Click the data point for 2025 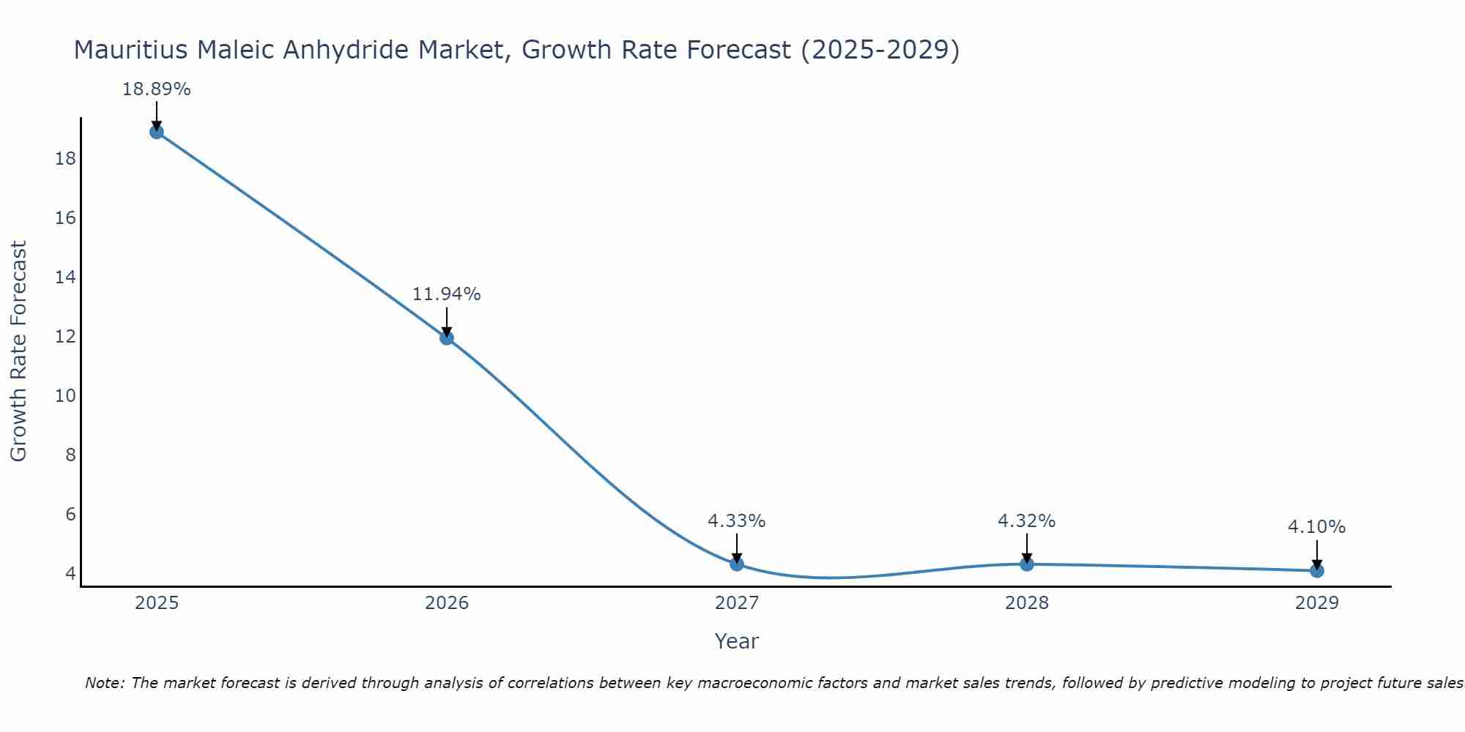pos(156,132)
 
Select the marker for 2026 pos(446,337)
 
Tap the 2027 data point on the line pos(736,564)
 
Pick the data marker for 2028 pos(1026,564)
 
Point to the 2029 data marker pos(1316,570)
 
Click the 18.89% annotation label pos(156,89)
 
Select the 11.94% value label pos(446,294)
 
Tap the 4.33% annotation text pos(736,521)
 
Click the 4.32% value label pos(1026,521)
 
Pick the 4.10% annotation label pos(1316,527)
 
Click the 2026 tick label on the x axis pos(446,603)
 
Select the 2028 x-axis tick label pos(1026,603)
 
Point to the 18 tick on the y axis pos(65,159)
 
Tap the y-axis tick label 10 pos(65,396)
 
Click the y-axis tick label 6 pos(70,514)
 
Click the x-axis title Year pos(736,641)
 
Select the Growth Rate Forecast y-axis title pos(18,351)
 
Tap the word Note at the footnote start pos(105,683)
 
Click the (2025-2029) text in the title pos(879,50)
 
